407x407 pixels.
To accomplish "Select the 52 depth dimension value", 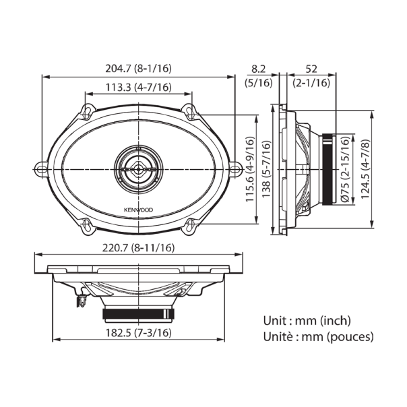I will point(311,68).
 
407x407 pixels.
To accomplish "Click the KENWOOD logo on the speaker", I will point(137,210).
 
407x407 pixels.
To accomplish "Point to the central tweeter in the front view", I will point(137,166).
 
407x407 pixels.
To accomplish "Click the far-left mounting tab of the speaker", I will point(40,166).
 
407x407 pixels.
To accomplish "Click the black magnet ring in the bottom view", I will point(137,313).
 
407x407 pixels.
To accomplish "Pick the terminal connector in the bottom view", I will point(81,299).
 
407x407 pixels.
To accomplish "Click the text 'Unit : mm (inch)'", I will point(307,321).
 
